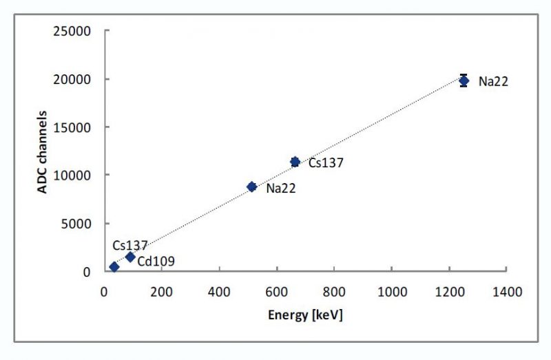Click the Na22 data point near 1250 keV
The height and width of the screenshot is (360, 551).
(x=464, y=81)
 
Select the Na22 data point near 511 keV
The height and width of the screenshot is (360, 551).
(x=251, y=187)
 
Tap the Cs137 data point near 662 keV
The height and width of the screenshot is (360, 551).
(x=295, y=162)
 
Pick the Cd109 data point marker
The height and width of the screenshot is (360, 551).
(x=129, y=257)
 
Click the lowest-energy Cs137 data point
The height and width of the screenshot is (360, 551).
(x=114, y=267)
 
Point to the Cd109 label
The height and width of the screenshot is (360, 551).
(x=156, y=262)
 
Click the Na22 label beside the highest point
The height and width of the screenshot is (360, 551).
(x=493, y=82)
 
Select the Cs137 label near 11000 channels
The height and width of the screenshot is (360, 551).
(x=326, y=163)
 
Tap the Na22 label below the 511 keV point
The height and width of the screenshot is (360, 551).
(x=281, y=188)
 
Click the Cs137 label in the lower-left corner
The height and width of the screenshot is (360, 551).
(x=130, y=246)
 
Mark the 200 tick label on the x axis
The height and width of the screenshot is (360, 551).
(x=162, y=291)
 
